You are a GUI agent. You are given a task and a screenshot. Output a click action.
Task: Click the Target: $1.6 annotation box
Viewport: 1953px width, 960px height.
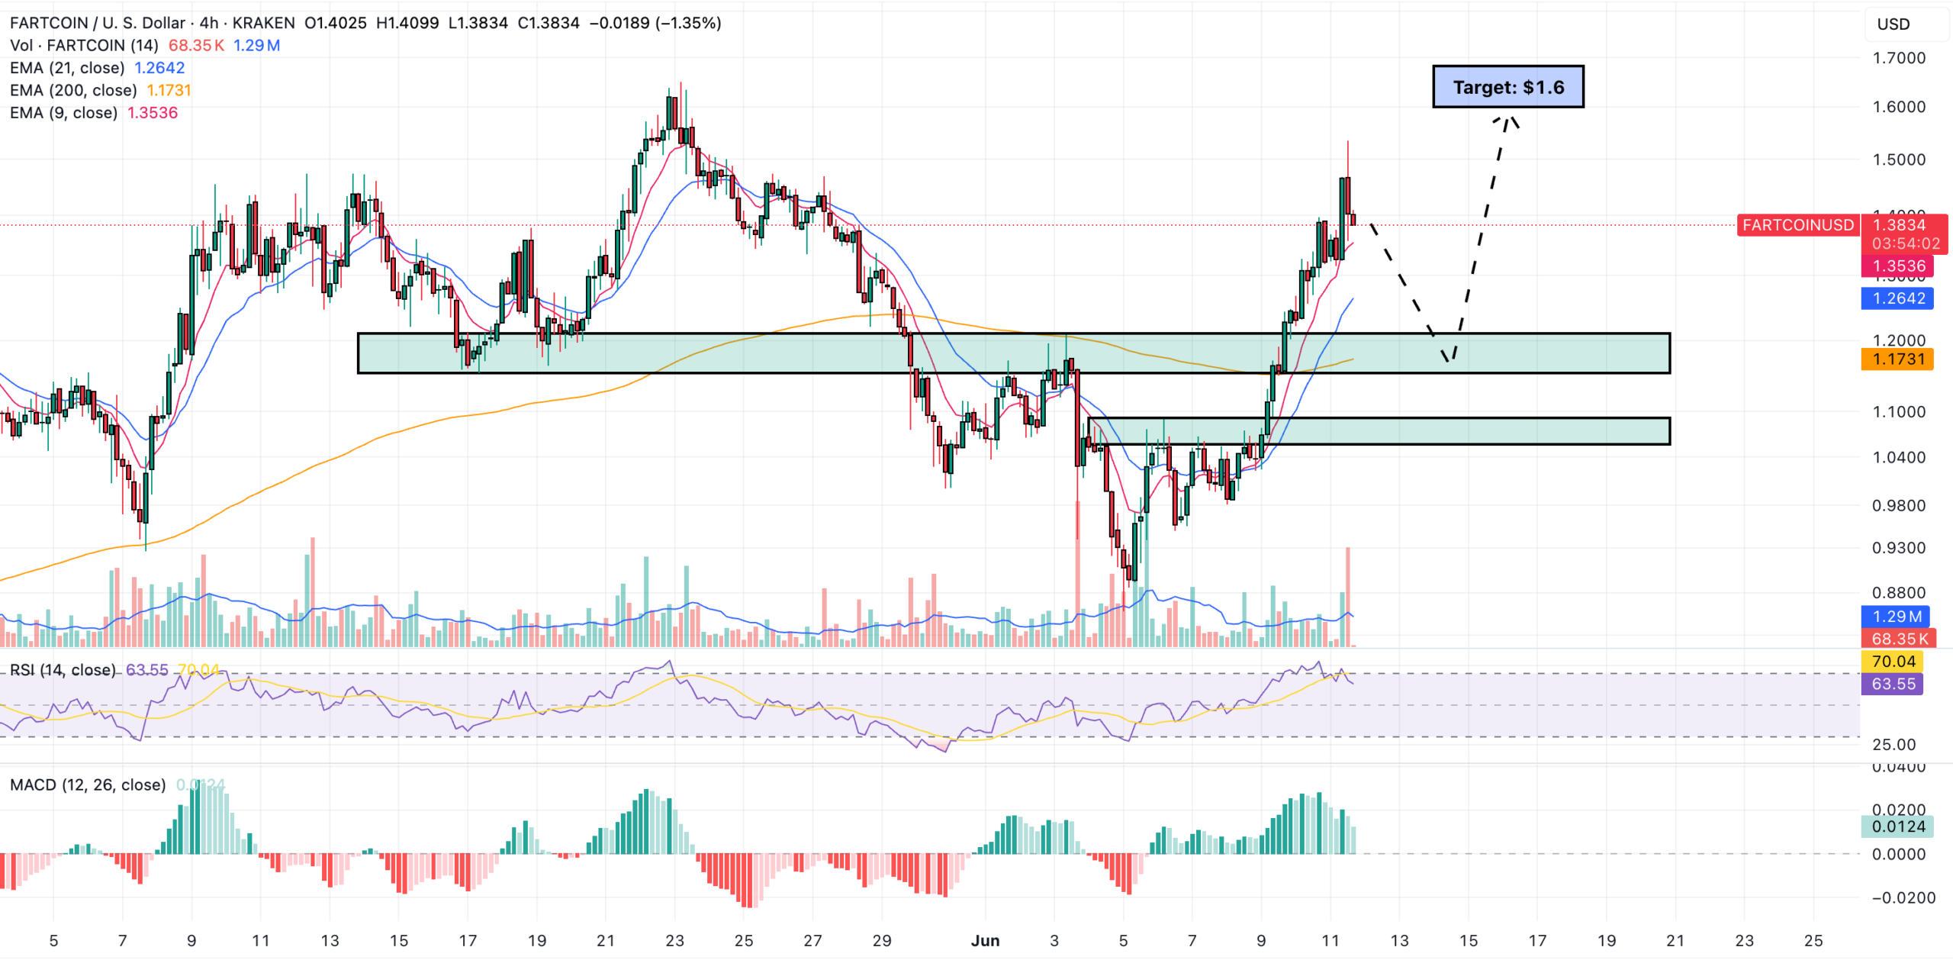coord(1507,87)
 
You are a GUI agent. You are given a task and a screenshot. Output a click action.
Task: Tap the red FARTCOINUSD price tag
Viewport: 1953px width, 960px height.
coord(1797,225)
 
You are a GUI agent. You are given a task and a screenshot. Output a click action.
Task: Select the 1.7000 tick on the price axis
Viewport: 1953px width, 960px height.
coord(1899,58)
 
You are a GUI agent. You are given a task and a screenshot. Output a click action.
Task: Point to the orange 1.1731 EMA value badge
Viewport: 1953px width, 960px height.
coord(1897,359)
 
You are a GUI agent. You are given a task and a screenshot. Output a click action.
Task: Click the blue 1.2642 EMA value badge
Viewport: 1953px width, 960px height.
coord(1897,298)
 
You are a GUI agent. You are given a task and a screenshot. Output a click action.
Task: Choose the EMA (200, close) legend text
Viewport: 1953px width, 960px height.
coord(73,90)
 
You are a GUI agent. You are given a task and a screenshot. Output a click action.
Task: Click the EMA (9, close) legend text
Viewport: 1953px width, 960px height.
coord(64,113)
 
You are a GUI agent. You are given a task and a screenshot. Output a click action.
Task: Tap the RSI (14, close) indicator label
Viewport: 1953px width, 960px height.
coord(63,670)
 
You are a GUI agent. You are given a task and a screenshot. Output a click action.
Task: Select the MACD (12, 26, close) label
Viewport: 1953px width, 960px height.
coord(88,784)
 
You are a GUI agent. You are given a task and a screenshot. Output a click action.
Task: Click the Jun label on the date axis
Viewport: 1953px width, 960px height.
coord(985,941)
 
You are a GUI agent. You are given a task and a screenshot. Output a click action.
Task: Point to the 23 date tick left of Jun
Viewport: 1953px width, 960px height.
coord(674,941)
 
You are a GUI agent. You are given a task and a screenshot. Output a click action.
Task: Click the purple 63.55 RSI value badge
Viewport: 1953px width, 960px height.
coord(1893,684)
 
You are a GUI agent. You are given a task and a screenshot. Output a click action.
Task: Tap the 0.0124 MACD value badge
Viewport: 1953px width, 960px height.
coord(1897,826)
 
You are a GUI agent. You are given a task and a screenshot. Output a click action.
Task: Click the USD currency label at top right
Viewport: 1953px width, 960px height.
coord(1893,24)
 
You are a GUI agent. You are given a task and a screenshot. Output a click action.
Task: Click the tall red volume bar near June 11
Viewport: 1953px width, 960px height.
coord(1348,595)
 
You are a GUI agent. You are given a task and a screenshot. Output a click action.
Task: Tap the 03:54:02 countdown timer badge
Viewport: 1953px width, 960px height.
coord(1905,244)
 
